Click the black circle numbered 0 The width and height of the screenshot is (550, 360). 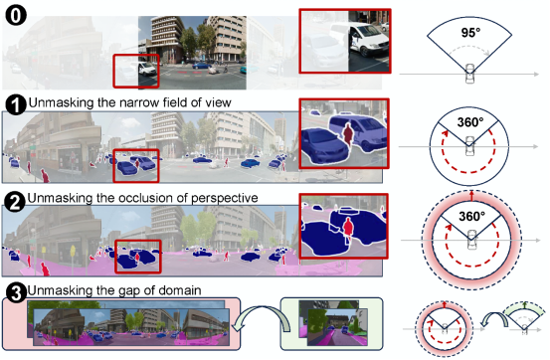pos(16,15)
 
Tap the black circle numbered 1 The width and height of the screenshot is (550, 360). pos(16,104)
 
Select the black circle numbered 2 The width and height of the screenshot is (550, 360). pos(15,202)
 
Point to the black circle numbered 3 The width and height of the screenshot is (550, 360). pos(17,293)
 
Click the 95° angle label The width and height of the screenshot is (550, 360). pos(470,33)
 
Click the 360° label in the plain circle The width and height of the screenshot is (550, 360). pos(470,122)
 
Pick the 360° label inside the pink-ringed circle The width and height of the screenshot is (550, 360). pos(471,217)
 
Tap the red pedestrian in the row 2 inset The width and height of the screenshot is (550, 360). pos(348,229)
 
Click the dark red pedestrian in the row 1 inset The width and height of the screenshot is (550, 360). pos(348,134)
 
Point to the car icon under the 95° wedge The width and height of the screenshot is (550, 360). pos(469,74)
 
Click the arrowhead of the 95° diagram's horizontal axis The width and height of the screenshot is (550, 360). pos(536,74)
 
